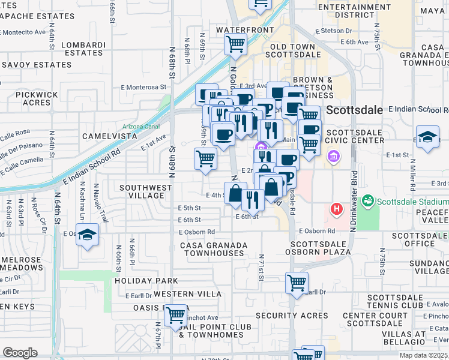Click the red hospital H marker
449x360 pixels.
336,209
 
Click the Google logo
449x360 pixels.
20,353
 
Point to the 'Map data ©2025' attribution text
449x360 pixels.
423,355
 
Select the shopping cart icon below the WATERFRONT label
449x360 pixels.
235,43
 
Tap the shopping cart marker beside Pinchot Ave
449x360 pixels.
175,314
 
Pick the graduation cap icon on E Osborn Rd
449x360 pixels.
88,234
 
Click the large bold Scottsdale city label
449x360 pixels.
355,110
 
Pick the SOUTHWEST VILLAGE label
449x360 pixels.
146,192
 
